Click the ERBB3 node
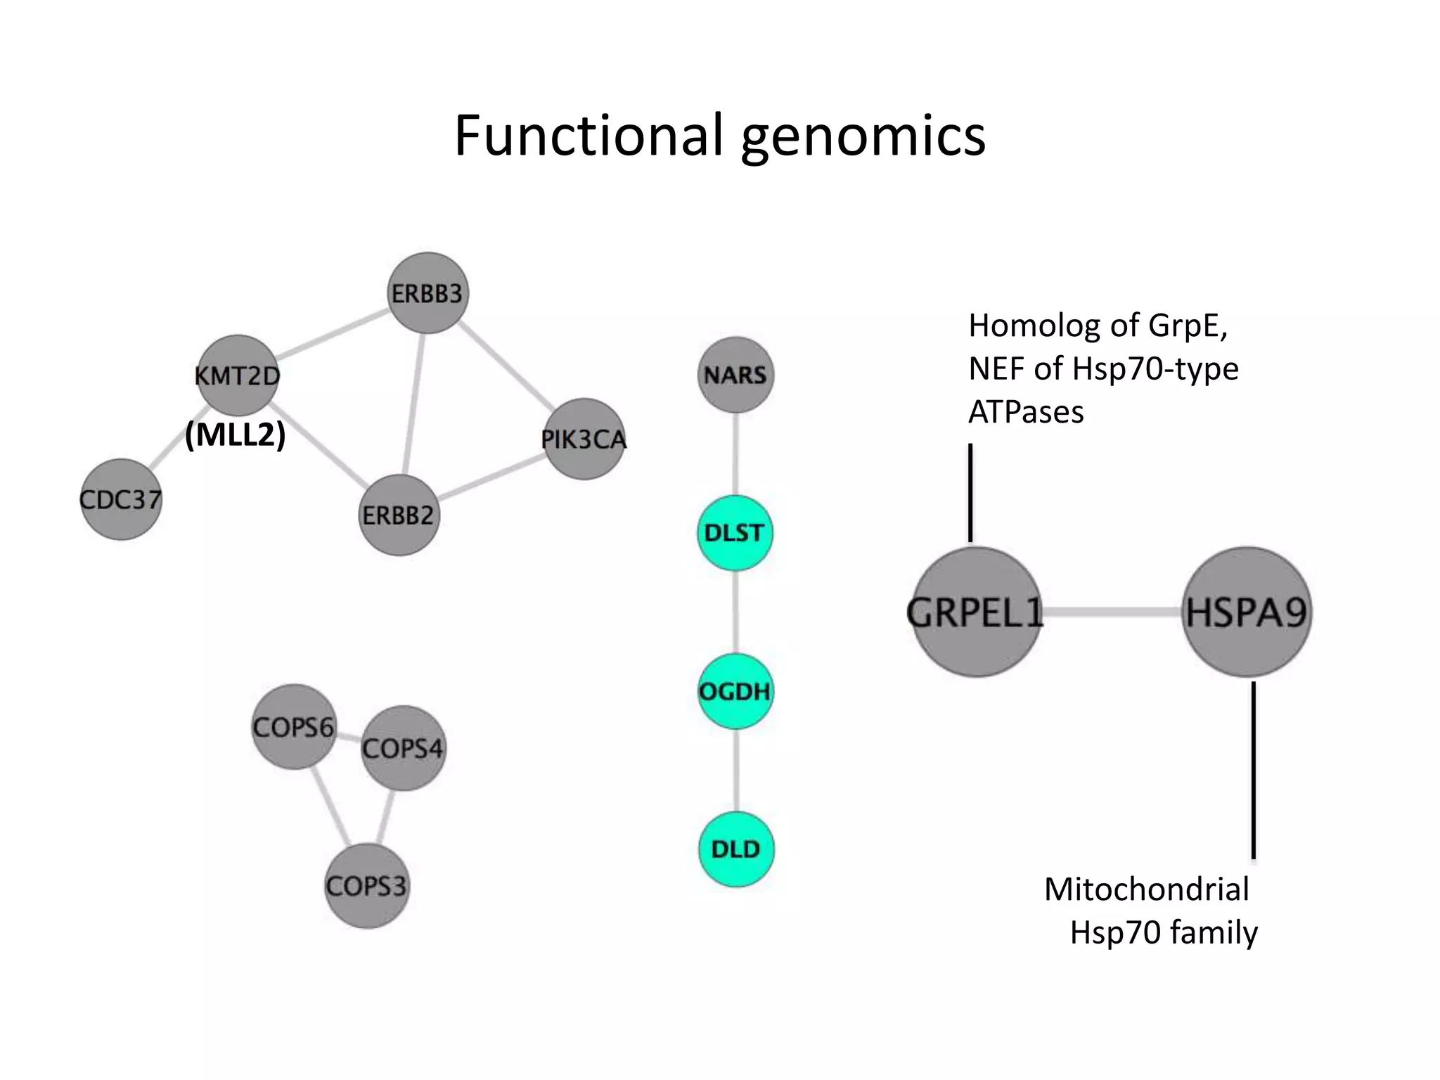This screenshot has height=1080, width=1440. tap(427, 293)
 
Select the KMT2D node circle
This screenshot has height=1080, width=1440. tap(237, 375)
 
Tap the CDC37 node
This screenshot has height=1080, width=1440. tap(121, 500)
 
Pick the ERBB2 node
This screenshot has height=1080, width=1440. tap(399, 515)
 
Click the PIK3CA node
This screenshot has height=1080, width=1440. tap(584, 439)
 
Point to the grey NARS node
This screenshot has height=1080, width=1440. tap(735, 375)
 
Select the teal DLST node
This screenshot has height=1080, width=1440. tap(735, 533)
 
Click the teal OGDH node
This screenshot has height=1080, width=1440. tap(735, 691)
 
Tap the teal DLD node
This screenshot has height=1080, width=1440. tap(736, 849)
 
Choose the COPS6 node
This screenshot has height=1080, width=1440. tap(293, 726)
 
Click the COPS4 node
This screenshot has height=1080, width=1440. tap(403, 748)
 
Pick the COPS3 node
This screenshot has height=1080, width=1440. tap(366, 886)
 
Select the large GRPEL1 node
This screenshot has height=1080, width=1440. tap(976, 612)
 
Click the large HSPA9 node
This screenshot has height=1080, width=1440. tap(1247, 612)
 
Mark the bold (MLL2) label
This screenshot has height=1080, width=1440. tap(236, 435)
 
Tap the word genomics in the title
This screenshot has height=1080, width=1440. tap(863, 135)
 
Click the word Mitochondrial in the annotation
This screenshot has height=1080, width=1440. tap(1146, 889)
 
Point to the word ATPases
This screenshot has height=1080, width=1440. tap(1026, 412)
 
